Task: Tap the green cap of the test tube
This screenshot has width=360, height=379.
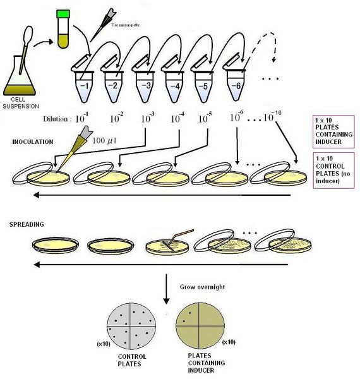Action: point(62,14)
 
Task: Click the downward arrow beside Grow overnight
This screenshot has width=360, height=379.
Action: point(166,287)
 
